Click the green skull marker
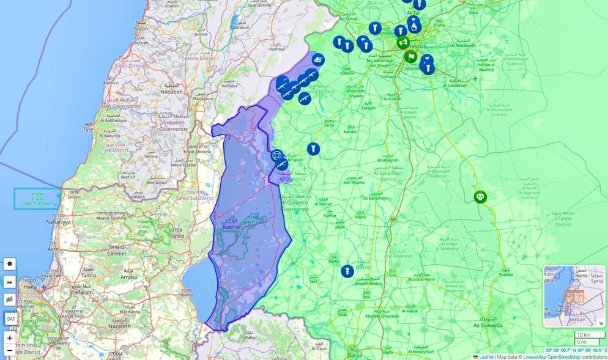480,197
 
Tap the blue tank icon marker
318,60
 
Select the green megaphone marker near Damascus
402,42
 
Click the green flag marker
411,57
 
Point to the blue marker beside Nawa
347,271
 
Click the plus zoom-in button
10,338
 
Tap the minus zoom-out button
10,351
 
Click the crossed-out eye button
10,299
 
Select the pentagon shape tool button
10,264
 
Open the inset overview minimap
574,296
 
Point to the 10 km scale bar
589,335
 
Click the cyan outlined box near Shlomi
37,199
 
